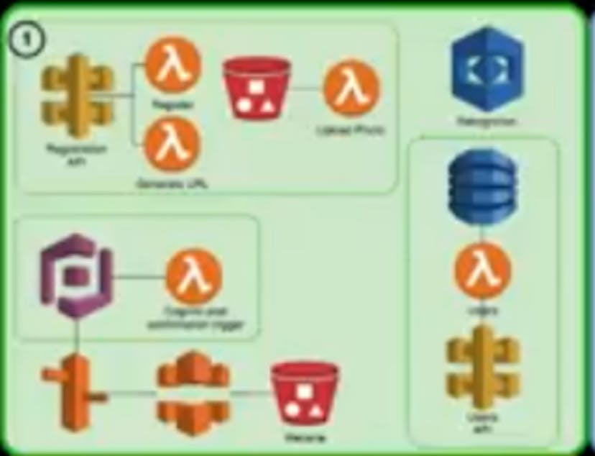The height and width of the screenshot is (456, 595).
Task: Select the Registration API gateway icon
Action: (x=77, y=101)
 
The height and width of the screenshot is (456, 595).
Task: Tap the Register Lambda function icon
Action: (x=172, y=65)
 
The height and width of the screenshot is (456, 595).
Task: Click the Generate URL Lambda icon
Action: (x=172, y=145)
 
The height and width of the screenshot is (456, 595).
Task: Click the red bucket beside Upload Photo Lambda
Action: (x=256, y=89)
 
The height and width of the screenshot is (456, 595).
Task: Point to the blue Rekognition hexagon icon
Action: (x=487, y=68)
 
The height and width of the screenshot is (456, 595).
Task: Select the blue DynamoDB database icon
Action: (x=481, y=186)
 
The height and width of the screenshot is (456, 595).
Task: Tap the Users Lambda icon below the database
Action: (x=482, y=274)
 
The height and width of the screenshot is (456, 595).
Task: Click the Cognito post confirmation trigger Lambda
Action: (x=193, y=277)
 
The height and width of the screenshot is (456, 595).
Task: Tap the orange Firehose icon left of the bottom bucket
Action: (x=193, y=393)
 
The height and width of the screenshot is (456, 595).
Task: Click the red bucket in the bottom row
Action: (x=305, y=394)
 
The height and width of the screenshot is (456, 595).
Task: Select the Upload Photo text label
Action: (x=351, y=132)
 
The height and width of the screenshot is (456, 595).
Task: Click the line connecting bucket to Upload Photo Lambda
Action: (x=306, y=89)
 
